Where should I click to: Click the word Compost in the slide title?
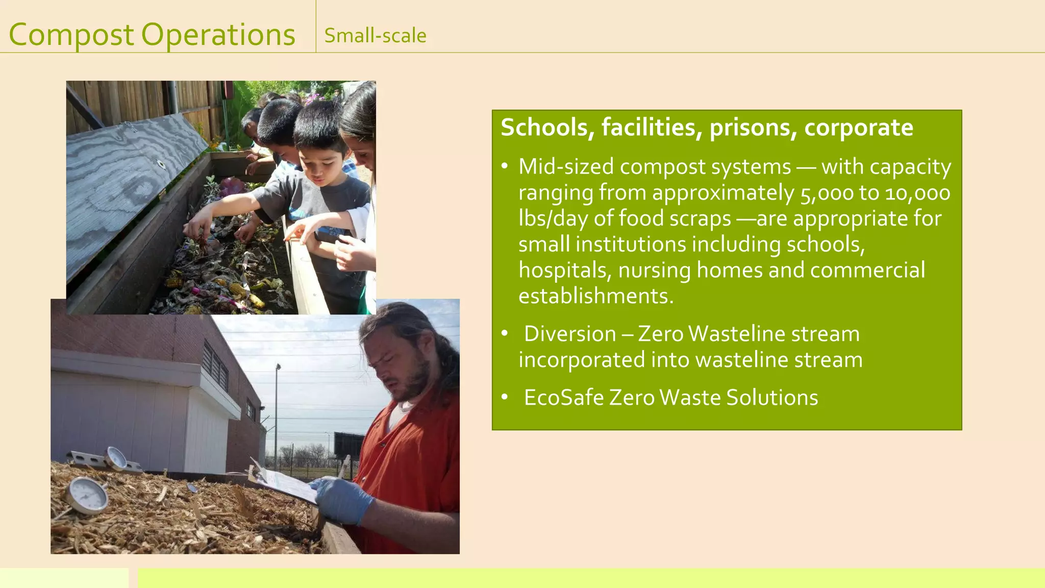71,35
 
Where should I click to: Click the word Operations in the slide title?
218,35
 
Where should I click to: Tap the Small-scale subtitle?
375,36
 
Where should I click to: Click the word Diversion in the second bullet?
570,334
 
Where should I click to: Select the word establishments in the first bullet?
595,297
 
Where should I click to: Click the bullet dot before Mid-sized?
504,166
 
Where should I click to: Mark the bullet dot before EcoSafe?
504,397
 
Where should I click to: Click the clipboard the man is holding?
286,482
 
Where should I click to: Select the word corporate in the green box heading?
859,128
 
